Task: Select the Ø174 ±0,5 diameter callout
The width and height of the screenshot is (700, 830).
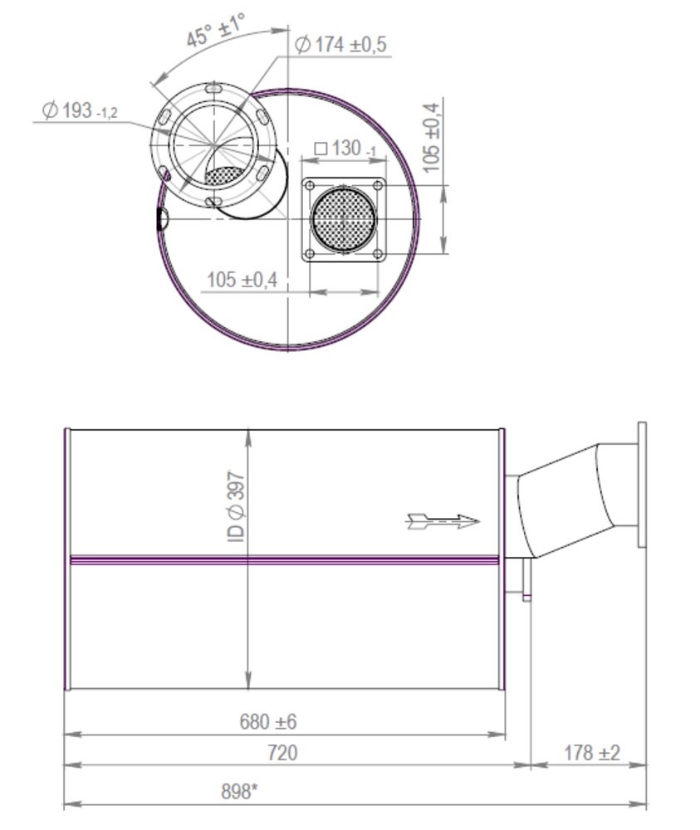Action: pos(340,45)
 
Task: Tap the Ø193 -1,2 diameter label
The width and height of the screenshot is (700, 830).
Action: pos(80,110)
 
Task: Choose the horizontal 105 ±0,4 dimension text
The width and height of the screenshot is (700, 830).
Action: pos(242,280)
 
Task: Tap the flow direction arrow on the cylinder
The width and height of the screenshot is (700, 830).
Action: pos(443,521)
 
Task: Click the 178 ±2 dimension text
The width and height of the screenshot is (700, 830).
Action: pos(591,753)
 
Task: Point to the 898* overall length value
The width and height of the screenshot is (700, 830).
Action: pos(239,792)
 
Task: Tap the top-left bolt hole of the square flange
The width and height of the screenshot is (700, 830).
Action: pos(310,185)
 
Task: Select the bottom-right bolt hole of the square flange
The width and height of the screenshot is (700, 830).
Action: pos(378,254)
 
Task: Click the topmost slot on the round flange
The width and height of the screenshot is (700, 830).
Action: pos(213,88)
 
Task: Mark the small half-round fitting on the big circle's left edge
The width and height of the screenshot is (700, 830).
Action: pos(163,219)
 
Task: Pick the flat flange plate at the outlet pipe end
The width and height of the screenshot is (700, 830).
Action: pos(641,485)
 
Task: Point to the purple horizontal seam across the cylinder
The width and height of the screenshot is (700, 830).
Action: pos(282,560)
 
